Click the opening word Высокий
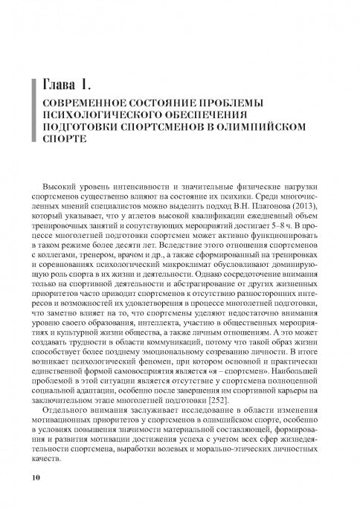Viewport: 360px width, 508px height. (x=62, y=182)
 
